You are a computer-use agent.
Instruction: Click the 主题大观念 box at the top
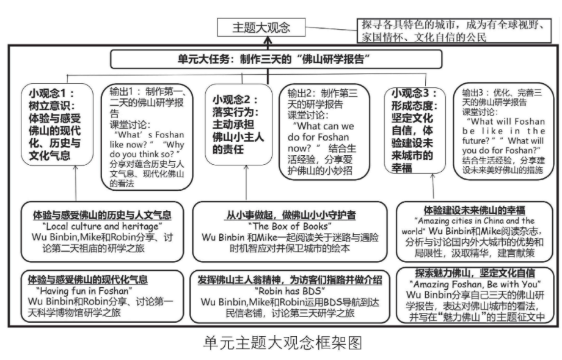pyautogui.click(x=261, y=28)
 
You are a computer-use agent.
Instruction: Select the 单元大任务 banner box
pyautogui.click(x=276, y=59)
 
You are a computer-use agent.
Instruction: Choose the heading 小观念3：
pyautogui.click(x=415, y=94)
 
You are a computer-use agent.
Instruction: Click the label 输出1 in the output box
pyautogui.click(x=122, y=90)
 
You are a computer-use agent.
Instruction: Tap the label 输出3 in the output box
pyautogui.click(x=475, y=93)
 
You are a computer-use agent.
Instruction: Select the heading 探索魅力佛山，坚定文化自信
pyautogui.click(x=474, y=273)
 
